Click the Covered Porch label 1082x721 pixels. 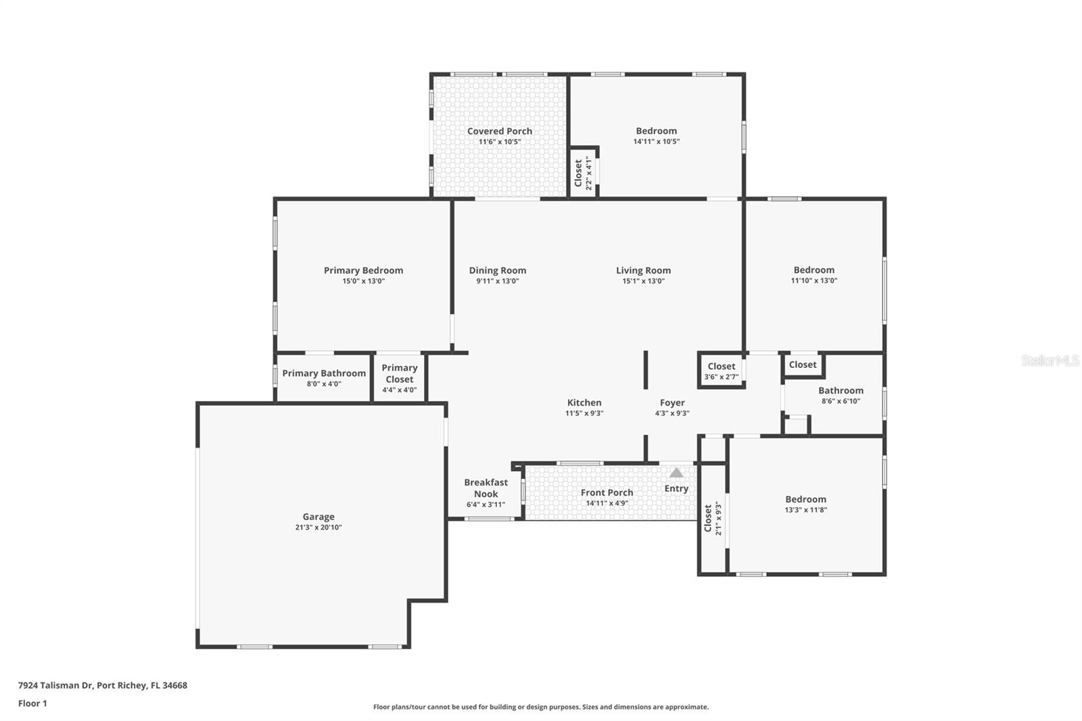[500, 131]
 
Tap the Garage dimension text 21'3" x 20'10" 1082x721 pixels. [319, 528]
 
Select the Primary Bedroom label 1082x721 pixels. [363, 271]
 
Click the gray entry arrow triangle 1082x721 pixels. [676, 473]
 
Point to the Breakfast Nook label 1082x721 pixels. [486, 488]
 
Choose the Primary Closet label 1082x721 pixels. [399, 373]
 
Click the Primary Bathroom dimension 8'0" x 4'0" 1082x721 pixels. [324, 384]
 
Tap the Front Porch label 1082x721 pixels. [607, 492]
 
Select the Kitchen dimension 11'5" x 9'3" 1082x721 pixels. [584, 413]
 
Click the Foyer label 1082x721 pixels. [672, 402]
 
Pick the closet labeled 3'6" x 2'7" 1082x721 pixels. [722, 371]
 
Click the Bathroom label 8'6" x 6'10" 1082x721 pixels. [841, 395]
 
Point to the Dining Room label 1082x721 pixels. [498, 271]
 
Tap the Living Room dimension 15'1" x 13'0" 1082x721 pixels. [644, 281]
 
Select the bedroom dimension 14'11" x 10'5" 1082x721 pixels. [656, 142]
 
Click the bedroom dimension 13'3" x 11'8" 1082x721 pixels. [805, 510]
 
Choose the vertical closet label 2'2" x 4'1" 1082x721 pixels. [583, 173]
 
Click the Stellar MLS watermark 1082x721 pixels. [1050, 361]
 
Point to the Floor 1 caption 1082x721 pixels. [32, 703]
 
